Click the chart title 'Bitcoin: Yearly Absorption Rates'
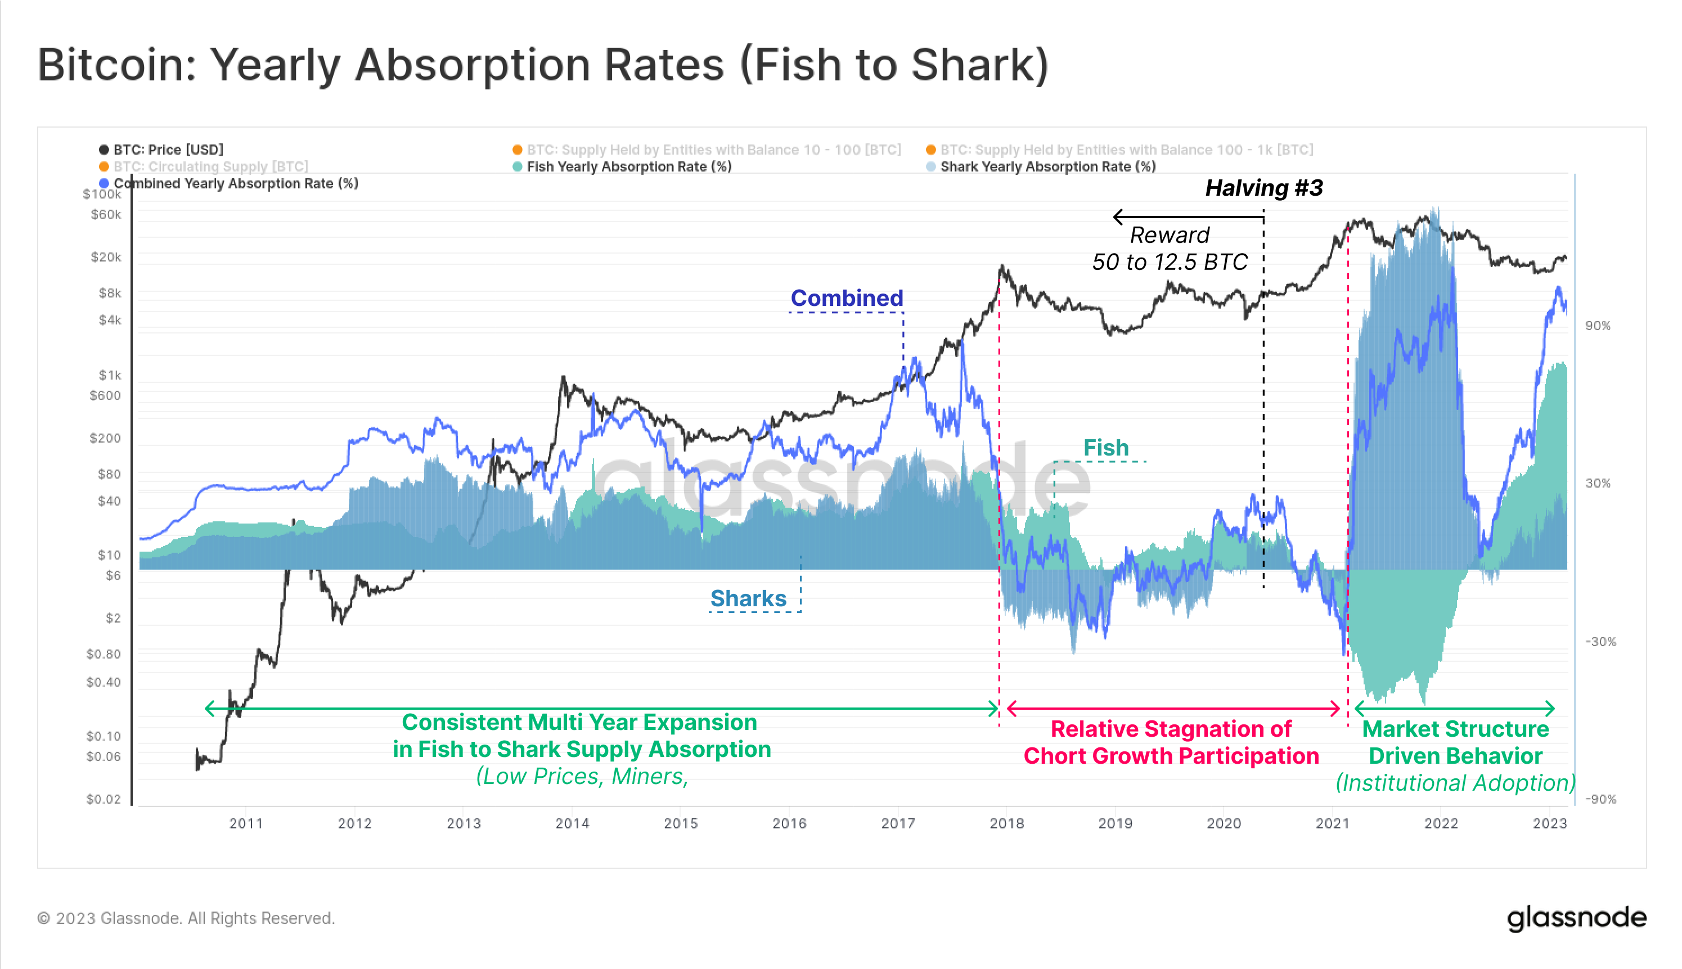tap(542, 65)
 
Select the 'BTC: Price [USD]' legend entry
tap(168, 150)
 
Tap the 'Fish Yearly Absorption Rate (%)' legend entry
tap(628, 167)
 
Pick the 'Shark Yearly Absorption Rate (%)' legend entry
tap(1047, 167)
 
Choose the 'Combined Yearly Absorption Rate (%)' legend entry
tap(235, 184)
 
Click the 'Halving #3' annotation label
tap(1263, 188)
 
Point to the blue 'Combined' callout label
tap(846, 298)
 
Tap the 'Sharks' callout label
tap(748, 598)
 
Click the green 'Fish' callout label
tap(1105, 448)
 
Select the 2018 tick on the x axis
tap(1006, 824)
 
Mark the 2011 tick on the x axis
tap(246, 824)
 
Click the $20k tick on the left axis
tap(106, 258)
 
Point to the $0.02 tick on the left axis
tap(104, 799)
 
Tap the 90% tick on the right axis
tap(1598, 326)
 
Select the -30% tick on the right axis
tap(1600, 642)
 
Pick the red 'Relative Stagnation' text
tap(1171, 729)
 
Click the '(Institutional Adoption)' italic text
tap(1455, 783)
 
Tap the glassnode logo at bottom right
tap(1576, 918)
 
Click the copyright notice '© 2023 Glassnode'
tap(186, 918)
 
